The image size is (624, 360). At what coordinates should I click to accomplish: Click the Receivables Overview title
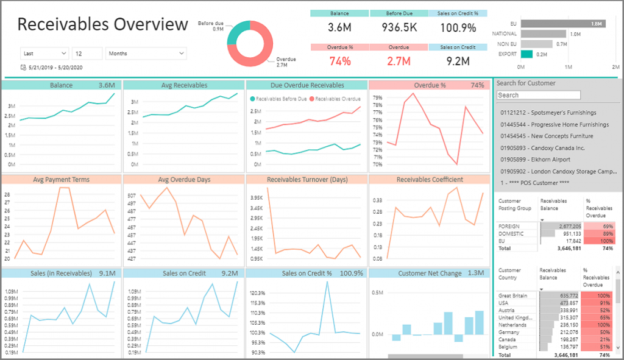[102, 24]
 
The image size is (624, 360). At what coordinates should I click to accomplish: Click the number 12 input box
[87, 54]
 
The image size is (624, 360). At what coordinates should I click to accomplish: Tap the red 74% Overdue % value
[340, 61]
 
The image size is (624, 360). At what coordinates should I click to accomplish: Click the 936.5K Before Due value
[399, 27]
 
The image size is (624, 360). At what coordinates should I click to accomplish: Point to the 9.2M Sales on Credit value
[458, 61]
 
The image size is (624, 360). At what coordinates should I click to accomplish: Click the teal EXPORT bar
[526, 54]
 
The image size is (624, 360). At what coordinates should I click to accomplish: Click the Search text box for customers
[538, 95]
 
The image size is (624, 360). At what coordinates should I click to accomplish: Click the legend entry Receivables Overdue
[335, 99]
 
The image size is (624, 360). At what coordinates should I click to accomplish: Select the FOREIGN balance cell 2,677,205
[561, 226]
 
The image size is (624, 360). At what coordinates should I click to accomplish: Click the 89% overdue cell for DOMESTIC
[597, 233]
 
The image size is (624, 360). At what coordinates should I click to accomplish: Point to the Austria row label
[509, 310]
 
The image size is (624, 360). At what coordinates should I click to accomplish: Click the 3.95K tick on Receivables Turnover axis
[256, 198]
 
